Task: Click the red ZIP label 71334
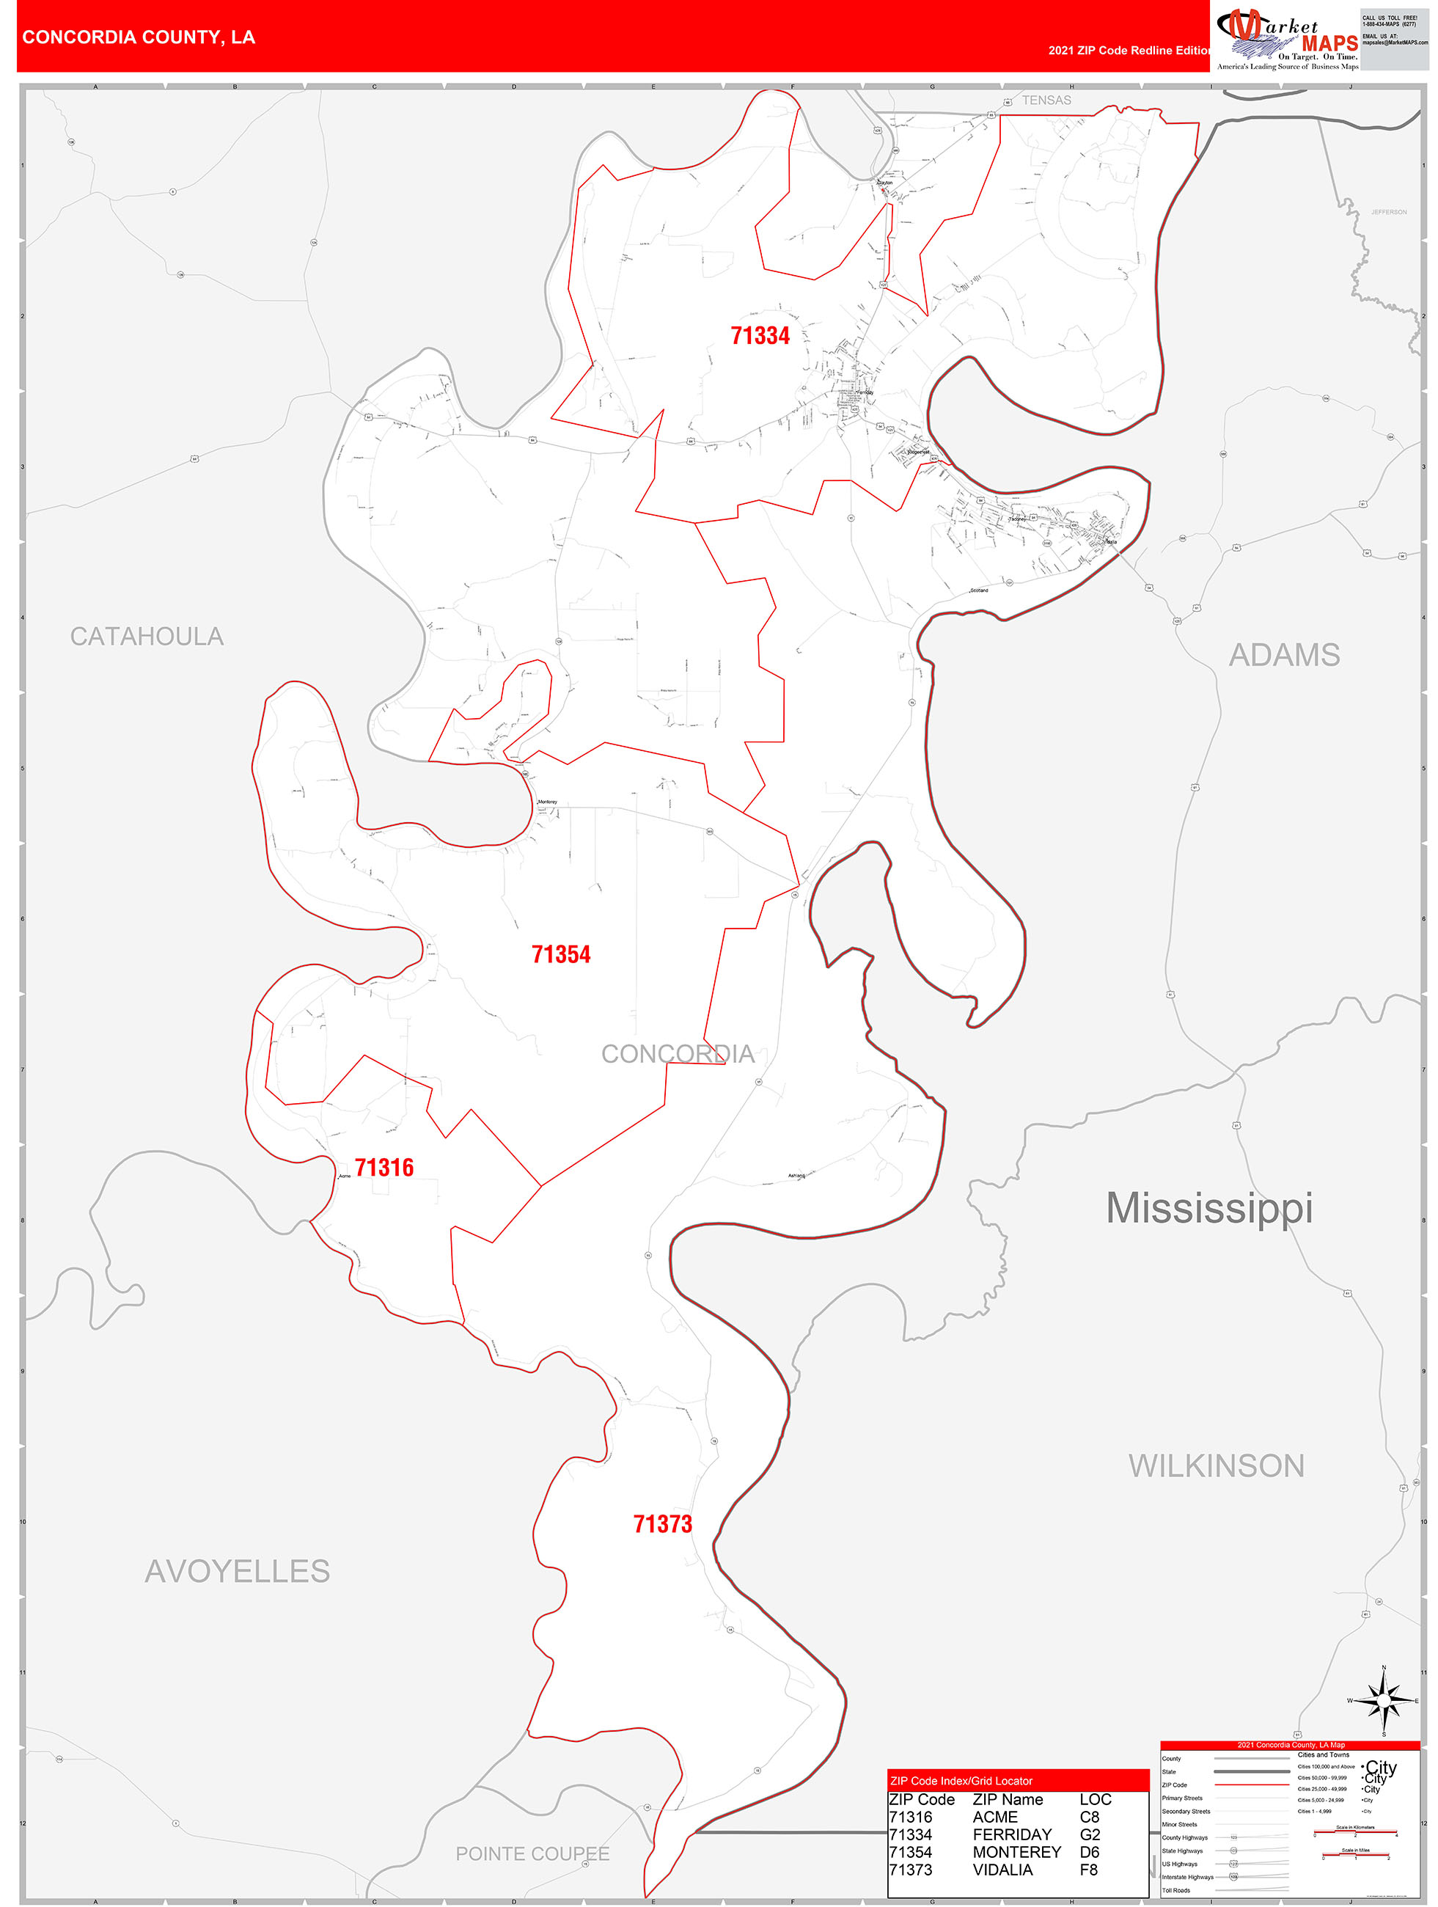tap(760, 335)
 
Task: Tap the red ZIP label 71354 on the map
tap(560, 953)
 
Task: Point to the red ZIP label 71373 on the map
tap(662, 1523)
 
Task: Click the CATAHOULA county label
tap(147, 636)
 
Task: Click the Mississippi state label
tap(1208, 1207)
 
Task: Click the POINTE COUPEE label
tap(532, 1853)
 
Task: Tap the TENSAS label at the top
tap(1046, 100)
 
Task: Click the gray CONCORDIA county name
tap(677, 1053)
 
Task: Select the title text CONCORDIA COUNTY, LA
tap(139, 37)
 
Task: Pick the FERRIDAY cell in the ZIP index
tap(1012, 1834)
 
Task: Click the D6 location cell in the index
tap(1089, 1851)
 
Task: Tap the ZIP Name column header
tap(1007, 1798)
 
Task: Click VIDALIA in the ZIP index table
tap(1002, 1869)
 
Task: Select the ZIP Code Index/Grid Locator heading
tap(961, 1780)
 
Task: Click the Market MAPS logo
tap(1285, 39)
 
